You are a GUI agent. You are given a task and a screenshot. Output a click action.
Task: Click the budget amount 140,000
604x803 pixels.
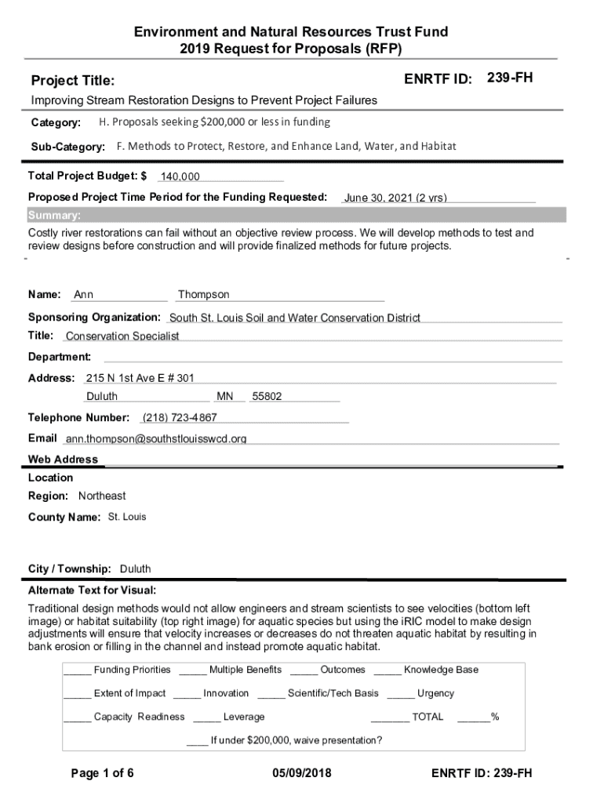pyautogui.click(x=180, y=177)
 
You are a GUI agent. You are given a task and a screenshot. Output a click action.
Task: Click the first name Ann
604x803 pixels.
pyautogui.click(x=83, y=295)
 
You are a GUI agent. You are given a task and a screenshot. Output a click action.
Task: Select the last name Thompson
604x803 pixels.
pyautogui.click(x=204, y=295)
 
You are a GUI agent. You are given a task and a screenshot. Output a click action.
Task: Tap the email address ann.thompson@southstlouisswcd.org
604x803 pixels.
pyautogui.click(x=156, y=439)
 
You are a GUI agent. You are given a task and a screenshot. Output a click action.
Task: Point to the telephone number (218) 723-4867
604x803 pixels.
pyautogui.click(x=180, y=417)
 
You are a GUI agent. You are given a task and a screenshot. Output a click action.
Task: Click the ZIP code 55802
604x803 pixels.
pyautogui.click(x=267, y=397)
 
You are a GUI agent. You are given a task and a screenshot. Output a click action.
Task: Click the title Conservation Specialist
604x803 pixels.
pyautogui.click(x=122, y=336)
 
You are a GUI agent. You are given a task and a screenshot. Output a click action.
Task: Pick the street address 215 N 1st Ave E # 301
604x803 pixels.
pyautogui.click(x=140, y=378)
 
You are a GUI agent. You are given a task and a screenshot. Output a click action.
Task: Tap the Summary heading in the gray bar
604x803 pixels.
pyautogui.click(x=53, y=216)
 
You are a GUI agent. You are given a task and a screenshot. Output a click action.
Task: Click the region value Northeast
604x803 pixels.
pyautogui.click(x=102, y=496)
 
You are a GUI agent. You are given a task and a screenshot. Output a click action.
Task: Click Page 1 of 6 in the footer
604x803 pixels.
pyautogui.click(x=102, y=774)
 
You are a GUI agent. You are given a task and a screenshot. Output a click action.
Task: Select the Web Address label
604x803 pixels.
pyautogui.click(x=64, y=460)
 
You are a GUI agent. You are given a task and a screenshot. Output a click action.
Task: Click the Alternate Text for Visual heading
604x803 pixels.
pyautogui.click(x=93, y=590)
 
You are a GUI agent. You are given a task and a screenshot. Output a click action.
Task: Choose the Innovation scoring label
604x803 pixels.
pyautogui.click(x=226, y=693)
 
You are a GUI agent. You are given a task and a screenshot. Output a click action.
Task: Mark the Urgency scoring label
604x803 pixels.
pyautogui.click(x=435, y=693)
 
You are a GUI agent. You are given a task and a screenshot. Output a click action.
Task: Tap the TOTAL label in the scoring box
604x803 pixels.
pyautogui.click(x=428, y=717)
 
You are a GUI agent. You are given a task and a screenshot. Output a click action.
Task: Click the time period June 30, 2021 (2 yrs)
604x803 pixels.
pyautogui.click(x=395, y=198)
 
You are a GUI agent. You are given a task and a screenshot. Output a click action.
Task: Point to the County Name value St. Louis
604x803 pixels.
pyautogui.click(x=126, y=518)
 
